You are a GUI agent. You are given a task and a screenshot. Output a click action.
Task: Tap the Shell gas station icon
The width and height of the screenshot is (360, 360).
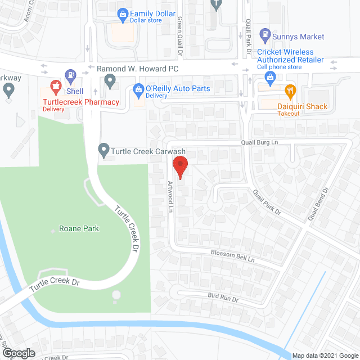tap(70, 74)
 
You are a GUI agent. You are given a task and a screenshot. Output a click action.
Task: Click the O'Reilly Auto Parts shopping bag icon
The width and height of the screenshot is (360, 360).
tap(137, 89)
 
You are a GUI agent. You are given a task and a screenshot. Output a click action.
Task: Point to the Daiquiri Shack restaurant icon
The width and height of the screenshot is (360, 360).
tap(290, 90)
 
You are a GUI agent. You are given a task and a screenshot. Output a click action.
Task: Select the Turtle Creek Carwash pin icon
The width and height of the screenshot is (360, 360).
tap(103, 150)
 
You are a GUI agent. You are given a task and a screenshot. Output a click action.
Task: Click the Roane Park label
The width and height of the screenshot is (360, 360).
tap(79, 229)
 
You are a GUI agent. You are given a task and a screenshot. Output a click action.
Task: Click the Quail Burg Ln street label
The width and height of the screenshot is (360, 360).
tap(259, 143)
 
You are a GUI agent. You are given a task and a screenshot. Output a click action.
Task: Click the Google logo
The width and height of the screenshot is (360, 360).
tap(18, 353)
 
